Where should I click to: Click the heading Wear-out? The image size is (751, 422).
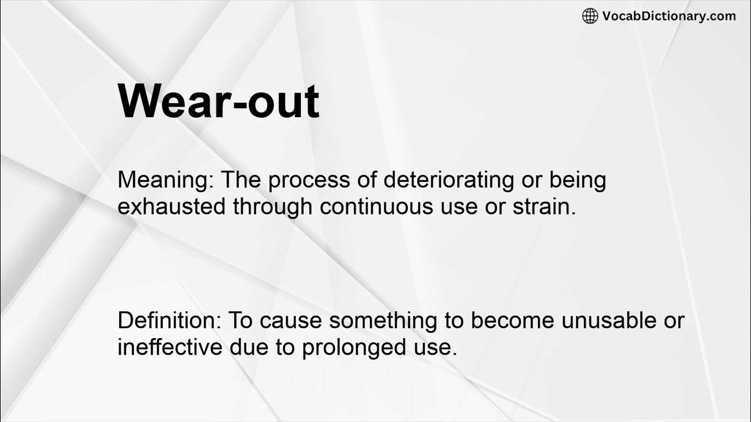point(218,102)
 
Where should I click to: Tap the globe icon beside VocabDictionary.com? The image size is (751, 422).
point(590,16)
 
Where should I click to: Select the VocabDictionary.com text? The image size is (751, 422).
point(669,16)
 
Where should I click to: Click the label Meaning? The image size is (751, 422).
point(165,181)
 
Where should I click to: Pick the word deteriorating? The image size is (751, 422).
point(448,181)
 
